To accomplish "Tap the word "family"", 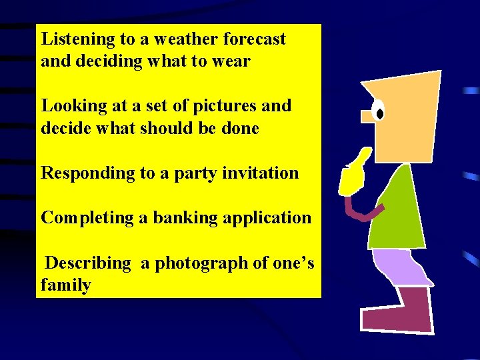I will (65, 286).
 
